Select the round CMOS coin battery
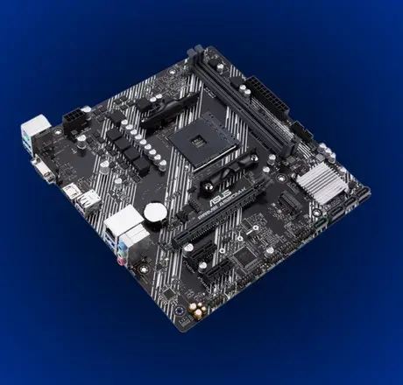point(155,213)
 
